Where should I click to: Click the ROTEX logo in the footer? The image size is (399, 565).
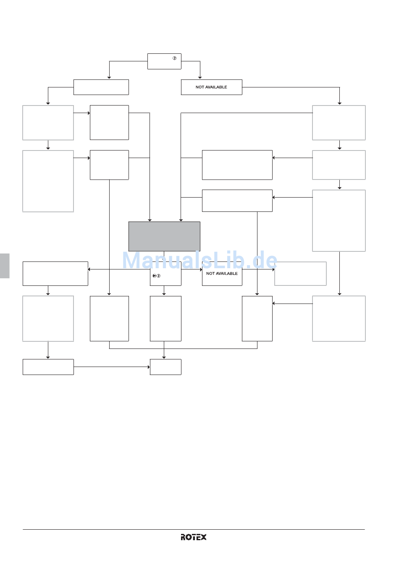194,537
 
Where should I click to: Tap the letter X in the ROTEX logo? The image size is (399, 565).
203,537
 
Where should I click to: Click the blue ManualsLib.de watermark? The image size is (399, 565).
199,261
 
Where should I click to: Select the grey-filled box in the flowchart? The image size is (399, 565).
164,236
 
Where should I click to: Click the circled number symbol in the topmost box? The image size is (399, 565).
174,58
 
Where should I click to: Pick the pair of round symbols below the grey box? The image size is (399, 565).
156,276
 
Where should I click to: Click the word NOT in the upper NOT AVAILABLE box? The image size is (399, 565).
200,87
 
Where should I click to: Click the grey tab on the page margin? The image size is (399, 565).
5,266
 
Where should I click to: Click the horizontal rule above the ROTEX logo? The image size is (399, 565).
194,529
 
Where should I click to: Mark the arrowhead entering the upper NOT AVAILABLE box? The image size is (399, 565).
200,77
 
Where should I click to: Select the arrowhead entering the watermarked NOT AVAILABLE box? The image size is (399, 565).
201,269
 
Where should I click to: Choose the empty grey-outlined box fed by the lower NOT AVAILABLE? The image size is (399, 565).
300,274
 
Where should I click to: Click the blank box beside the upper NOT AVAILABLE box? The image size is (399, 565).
101,87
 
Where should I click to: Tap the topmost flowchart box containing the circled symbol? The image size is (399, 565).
164,61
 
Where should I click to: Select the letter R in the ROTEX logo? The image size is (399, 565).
184,537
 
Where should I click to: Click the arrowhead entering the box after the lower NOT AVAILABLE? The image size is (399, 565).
273,269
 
